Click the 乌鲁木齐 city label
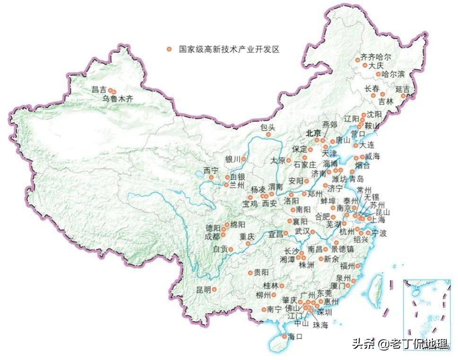pyautogui.click(x=118, y=99)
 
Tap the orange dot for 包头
pyautogui.click(x=268, y=134)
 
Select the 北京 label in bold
pyautogui.click(x=313, y=133)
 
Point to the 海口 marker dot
pyautogui.click(x=284, y=336)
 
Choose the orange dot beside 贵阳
pyautogui.click(x=251, y=272)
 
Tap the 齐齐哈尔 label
pyautogui.click(x=376, y=57)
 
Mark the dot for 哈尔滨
pyautogui.click(x=378, y=74)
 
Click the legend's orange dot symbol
pyautogui.click(x=169, y=49)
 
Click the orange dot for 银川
pyautogui.click(x=243, y=159)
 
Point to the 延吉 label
pyautogui.click(x=402, y=89)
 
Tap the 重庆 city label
pyautogui.click(x=247, y=236)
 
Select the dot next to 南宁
pyautogui.click(x=264, y=310)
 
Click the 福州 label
pyautogui.click(x=346, y=265)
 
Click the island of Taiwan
pyautogui.click(x=377, y=289)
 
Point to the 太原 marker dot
pyautogui.click(x=288, y=160)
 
